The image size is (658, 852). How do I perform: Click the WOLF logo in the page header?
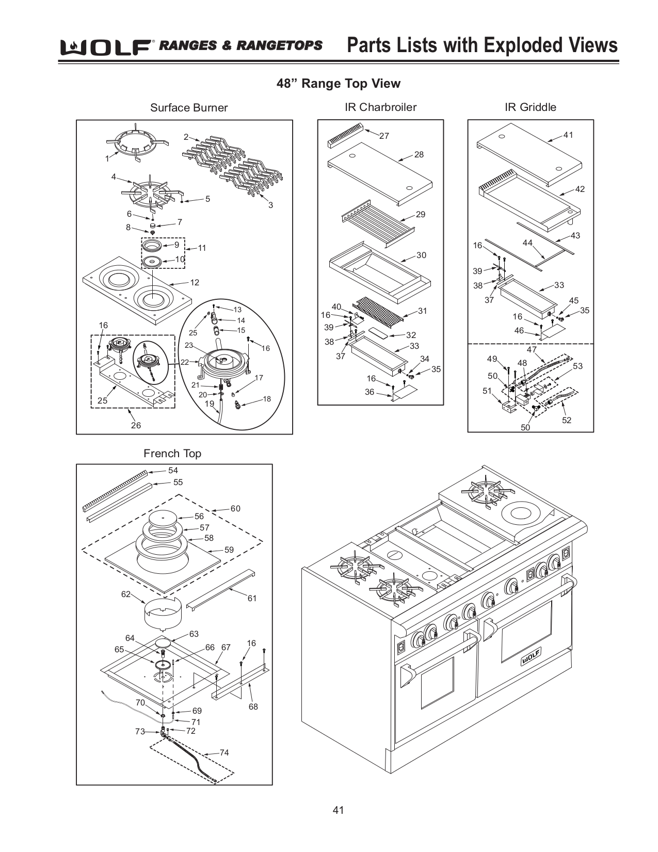pos(106,47)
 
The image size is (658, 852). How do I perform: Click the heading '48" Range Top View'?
pos(338,84)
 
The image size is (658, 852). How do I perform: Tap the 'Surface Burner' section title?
pos(188,108)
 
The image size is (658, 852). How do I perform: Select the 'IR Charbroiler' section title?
pos(380,107)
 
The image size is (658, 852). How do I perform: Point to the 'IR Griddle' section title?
pos(530,107)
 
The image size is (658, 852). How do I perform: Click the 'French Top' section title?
pos(172,454)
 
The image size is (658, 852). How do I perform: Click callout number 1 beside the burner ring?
pos(107,158)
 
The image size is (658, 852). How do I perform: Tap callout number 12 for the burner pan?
pos(194,283)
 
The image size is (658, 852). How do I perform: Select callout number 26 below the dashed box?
pos(135,425)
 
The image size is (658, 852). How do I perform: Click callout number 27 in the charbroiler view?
pos(384,136)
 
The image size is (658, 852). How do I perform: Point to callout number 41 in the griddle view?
pos(568,135)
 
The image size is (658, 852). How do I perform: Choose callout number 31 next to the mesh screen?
pos(422,311)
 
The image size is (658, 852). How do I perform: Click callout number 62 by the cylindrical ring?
pos(126,594)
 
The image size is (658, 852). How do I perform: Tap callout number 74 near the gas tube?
pos(224,752)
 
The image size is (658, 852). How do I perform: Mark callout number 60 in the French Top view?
pos(235,509)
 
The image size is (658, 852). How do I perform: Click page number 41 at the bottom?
pos(338,810)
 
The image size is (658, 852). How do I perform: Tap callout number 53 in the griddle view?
pos(577,366)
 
